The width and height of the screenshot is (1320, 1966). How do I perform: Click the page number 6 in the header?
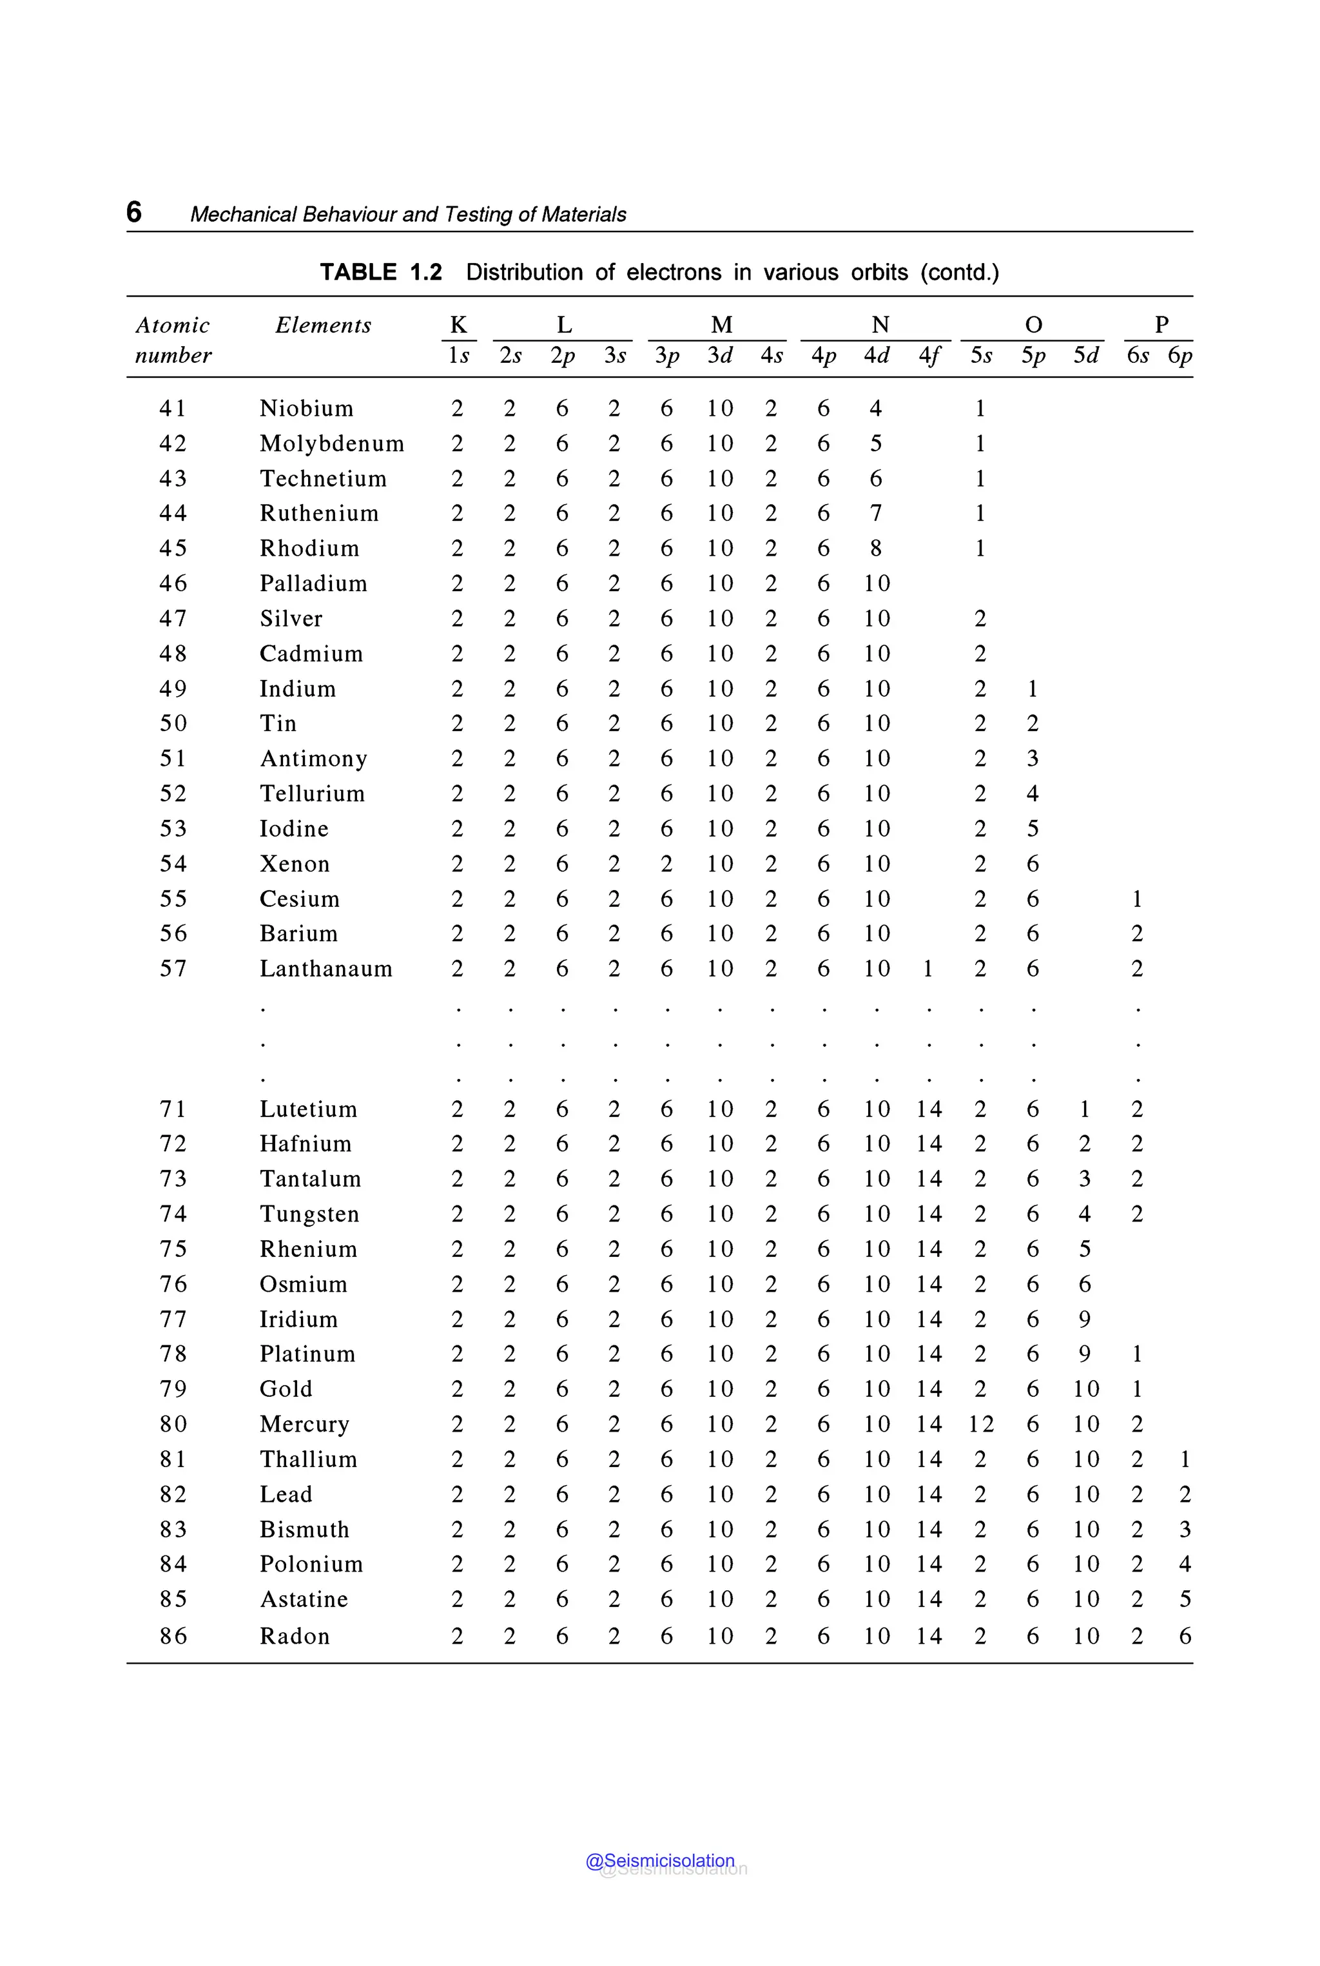pyautogui.click(x=134, y=211)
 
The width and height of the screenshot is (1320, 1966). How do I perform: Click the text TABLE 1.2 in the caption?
pyautogui.click(x=380, y=272)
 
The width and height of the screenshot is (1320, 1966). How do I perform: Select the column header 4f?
pyautogui.click(x=929, y=355)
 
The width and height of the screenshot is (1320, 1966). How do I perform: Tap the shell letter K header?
pyautogui.click(x=458, y=324)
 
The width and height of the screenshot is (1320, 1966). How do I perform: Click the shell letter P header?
pyautogui.click(x=1161, y=324)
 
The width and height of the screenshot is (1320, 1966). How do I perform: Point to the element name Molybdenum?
pyautogui.click(x=332, y=443)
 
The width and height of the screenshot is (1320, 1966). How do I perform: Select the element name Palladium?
pyautogui.click(x=313, y=583)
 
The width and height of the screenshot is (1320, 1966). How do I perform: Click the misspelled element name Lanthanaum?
pyautogui.click(x=325, y=968)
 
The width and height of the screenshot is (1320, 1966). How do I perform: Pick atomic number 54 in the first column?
pyautogui.click(x=173, y=864)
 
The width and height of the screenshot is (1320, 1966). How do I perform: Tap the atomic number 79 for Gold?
pyautogui.click(x=173, y=1388)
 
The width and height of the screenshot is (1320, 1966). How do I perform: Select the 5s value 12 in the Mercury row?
pyautogui.click(x=981, y=1424)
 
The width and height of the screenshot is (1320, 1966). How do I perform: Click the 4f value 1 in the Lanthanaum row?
pyautogui.click(x=927, y=968)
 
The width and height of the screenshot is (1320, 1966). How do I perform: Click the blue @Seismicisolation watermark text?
pyautogui.click(x=660, y=1861)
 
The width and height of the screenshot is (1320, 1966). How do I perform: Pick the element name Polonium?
pyautogui.click(x=311, y=1564)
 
